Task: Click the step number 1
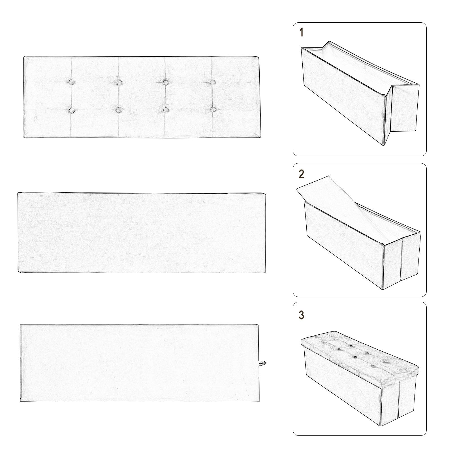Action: tap(302, 33)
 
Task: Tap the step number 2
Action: tap(302, 174)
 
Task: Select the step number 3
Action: tap(302, 315)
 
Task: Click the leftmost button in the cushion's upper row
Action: tap(72, 82)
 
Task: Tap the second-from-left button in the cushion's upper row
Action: tap(119, 82)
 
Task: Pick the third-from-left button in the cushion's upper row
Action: tap(165, 82)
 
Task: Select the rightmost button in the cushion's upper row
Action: tap(213, 82)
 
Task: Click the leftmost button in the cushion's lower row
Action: tap(72, 109)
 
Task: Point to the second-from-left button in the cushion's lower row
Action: tap(119, 109)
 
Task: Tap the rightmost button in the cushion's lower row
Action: tap(213, 109)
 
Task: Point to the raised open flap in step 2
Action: tap(334, 195)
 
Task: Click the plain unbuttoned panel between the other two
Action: tap(142, 232)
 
